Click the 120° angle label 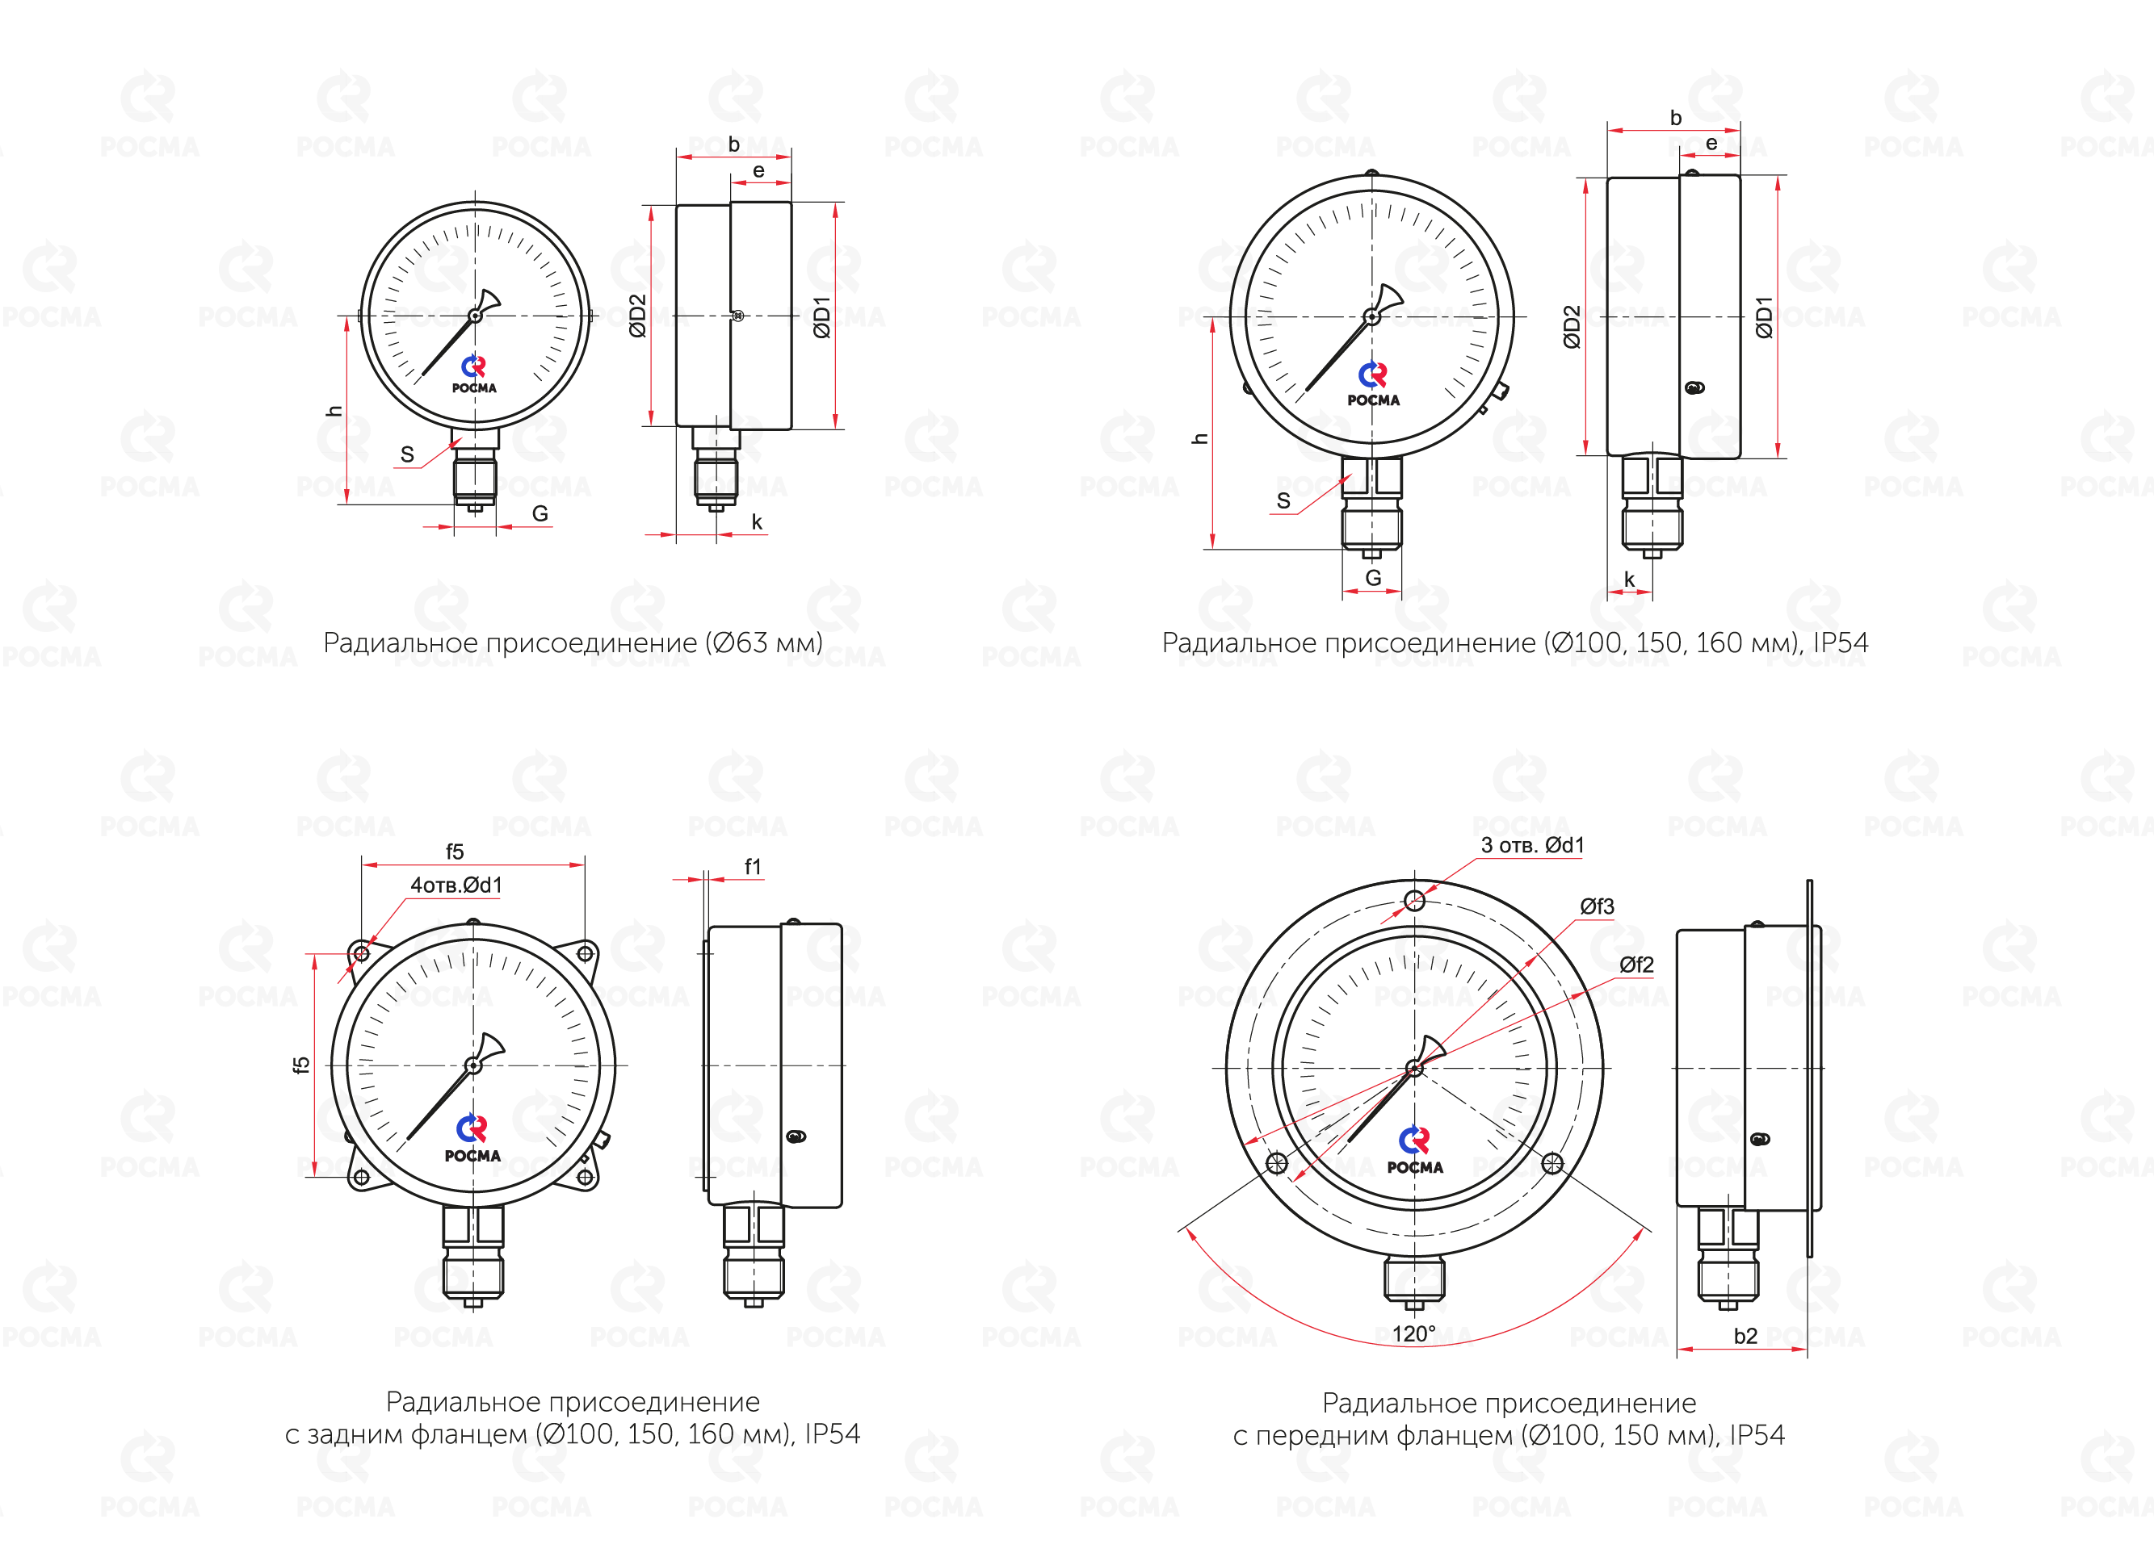1414,1334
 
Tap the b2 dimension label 1745,1337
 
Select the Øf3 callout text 1598,906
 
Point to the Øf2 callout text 1637,965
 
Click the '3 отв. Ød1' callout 1533,845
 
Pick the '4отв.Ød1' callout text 456,885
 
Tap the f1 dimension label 752,867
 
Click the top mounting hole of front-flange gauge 1414,900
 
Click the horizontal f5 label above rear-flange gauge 455,852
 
